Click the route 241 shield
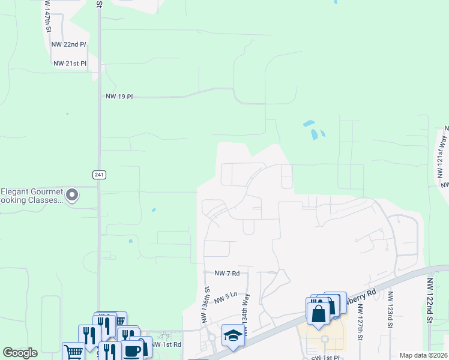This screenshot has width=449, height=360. point(100,175)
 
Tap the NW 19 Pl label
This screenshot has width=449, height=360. point(119,96)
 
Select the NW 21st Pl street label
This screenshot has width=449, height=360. point(70,63)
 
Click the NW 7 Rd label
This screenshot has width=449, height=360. point(227,273)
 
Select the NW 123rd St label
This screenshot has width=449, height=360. point(390,310)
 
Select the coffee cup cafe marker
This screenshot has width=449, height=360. point(132,350)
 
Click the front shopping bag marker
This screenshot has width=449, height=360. point(318,313)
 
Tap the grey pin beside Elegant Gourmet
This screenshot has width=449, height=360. point(72,195)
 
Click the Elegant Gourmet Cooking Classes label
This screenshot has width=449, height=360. point(31,196)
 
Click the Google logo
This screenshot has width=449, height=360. point(20,353)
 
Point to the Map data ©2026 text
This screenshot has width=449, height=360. point(423,355)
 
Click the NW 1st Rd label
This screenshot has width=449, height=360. point(166,344)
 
